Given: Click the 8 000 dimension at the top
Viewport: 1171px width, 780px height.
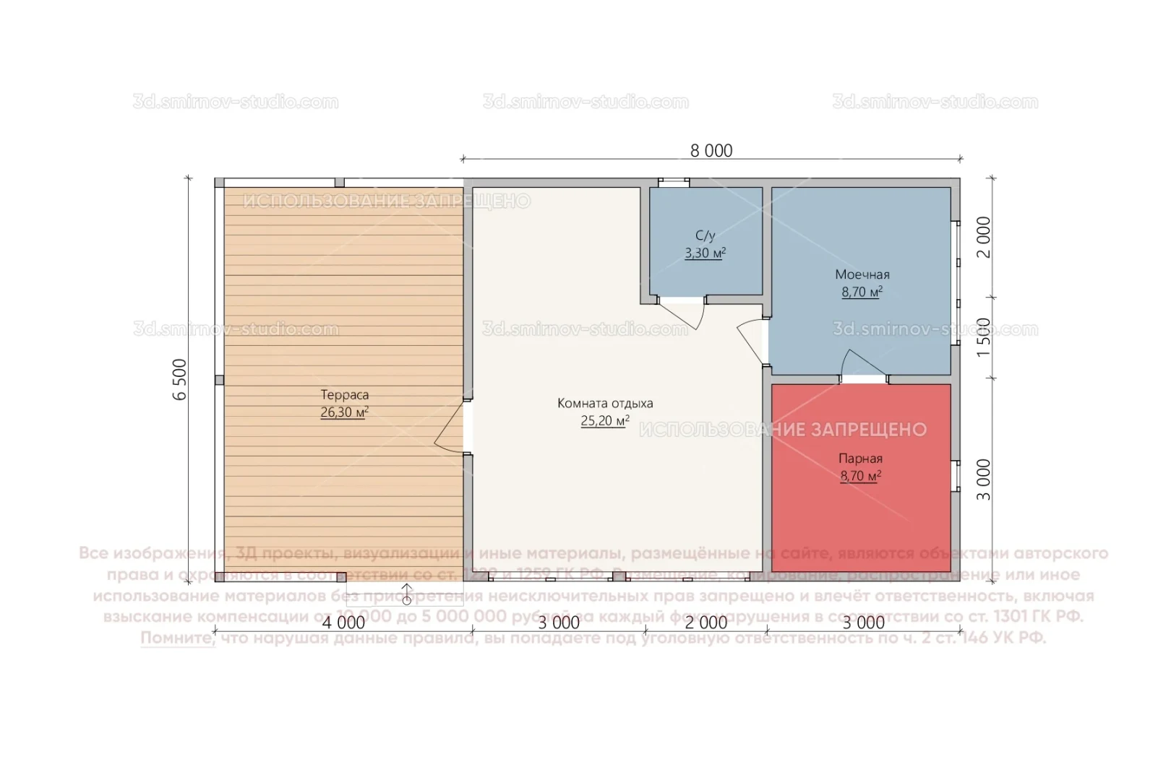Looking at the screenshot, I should click(711, 150).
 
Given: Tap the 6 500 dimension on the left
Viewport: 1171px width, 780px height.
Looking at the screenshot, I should click(180, 379).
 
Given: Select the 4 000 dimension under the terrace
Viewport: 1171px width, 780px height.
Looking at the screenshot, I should click(343, 623).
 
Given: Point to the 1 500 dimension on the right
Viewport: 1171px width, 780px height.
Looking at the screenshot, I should click(984, 337).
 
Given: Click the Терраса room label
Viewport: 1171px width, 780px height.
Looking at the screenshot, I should click(345, 395).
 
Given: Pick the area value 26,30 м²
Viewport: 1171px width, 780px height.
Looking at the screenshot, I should click(344, 412).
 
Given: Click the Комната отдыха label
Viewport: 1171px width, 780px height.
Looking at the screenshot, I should click(605, 403).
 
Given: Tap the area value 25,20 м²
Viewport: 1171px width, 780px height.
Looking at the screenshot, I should click(604, 421).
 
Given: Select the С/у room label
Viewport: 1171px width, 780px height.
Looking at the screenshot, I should click(705, 235).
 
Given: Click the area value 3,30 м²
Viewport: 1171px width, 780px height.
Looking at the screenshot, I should click(705, 253).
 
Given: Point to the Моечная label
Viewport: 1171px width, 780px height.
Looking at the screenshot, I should click(862, 274).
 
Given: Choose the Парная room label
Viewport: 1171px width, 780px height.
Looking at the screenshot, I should click(860, 459).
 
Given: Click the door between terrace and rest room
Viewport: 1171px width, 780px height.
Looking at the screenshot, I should click(451, 428).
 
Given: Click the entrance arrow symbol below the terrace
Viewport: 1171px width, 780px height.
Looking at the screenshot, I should click(406, 594).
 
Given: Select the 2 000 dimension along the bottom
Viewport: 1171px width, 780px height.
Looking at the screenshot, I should click(705, 623).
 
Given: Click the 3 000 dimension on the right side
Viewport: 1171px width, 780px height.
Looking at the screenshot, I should click(984, 480).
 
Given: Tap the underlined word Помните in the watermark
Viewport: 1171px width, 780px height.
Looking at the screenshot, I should click(177, 638).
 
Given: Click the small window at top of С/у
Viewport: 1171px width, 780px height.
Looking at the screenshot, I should click(673, 183).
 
